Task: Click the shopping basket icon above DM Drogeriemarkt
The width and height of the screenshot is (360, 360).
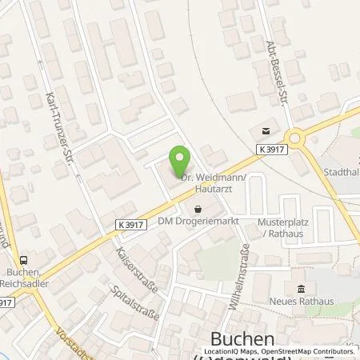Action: tap(197, 210)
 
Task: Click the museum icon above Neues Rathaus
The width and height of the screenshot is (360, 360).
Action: tap(301, 289)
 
